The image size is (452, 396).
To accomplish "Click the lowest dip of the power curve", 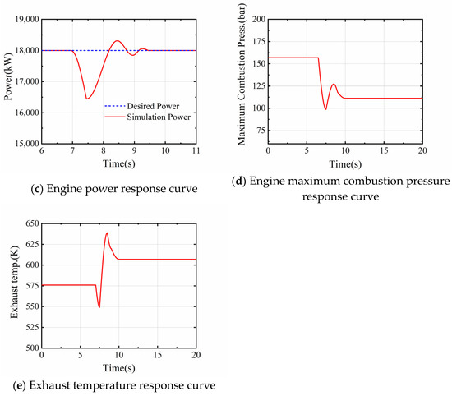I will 86,99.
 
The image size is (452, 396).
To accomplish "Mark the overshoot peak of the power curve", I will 118,41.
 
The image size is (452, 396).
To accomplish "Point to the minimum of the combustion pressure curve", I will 326,109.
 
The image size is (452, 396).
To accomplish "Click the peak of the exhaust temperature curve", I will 107,233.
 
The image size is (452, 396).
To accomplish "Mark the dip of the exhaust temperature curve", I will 99,307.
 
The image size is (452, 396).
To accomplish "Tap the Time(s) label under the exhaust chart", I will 118,367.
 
